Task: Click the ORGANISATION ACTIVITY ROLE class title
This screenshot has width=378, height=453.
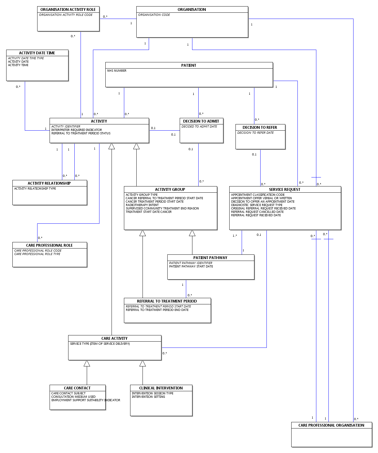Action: [x=68, y=10]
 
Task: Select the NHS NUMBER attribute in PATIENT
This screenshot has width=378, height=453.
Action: [x=117, y=71]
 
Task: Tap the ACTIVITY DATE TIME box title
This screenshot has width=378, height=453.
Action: [x=37, y=53]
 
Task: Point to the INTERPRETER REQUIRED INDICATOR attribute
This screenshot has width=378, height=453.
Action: [x=77, y=130]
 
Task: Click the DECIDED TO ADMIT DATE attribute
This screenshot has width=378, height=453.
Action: [x=199, y=127]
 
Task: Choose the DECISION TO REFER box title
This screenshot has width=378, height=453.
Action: [x=260, y=128]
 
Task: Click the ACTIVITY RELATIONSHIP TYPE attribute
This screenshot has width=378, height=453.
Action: [x=35, y=189]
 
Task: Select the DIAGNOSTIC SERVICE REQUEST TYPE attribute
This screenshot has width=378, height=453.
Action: [x=257, y=205]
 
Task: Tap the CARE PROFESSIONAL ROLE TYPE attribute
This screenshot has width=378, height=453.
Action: [x=37, y=254]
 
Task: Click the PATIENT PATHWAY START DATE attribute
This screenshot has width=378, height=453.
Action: [x=191, y=267]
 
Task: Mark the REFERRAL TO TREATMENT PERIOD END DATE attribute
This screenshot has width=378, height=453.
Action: [x=157, y=310]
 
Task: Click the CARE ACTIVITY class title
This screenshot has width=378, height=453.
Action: [x=114, y=339]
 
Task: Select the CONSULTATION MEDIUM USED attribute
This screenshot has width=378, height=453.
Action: [x=73, y=397]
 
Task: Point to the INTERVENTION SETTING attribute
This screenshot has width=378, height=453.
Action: [x=148, y=397]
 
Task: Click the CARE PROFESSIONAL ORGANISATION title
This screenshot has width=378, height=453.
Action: [x=331, y=425]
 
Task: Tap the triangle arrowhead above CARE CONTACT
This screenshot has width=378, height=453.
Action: [x=87, y=363]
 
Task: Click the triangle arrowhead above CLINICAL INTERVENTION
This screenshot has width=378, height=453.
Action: [x=143, y=363]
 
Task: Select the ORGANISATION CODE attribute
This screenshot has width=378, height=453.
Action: [x=154, y=15]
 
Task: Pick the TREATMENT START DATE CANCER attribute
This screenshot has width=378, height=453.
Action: [x=149, y=212]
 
